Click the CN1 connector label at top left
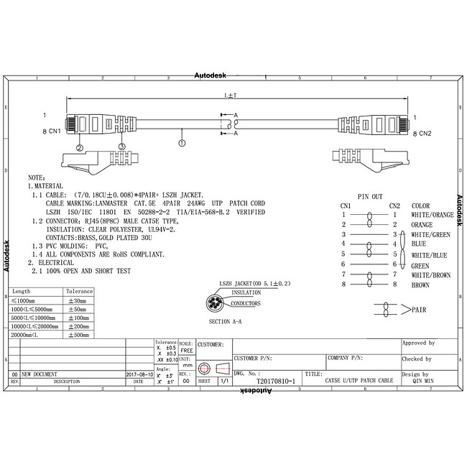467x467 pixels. click(54, 133)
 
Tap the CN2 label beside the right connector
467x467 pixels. click(425, 134)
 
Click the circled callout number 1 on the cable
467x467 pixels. click(182, 144)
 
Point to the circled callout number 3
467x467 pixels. click(121, 147)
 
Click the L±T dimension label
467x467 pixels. click(230, 94)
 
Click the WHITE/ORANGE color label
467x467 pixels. click(433, 215)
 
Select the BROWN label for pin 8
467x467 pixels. click(421, 285)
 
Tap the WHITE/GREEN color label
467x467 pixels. click(430, 234)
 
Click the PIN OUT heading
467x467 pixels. click(371, 196)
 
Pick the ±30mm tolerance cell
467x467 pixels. click(79, 300)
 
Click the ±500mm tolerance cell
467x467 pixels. click(79, 335)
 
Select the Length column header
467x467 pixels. click(22, 292)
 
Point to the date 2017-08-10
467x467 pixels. click(139, 375)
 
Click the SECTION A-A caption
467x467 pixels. click(226, 321)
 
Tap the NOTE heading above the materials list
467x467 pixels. click(37, 177)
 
